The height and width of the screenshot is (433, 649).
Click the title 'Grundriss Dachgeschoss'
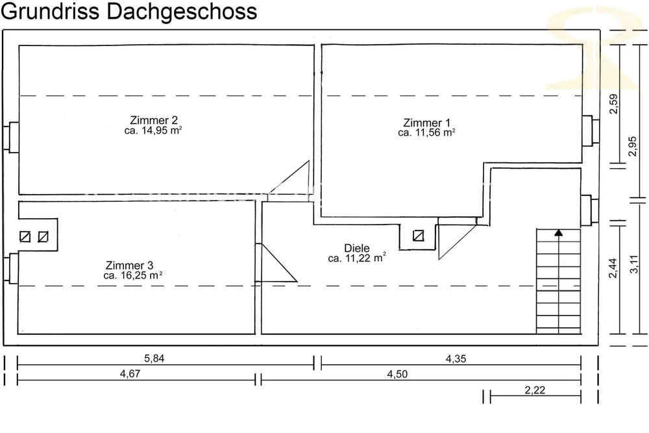pos(129,11)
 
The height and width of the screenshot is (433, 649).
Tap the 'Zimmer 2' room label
pos(154,120)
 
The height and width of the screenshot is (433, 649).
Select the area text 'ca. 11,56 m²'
pos(426,132)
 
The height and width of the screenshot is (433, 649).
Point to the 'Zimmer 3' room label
pos(129,265)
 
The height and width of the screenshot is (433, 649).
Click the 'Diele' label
pos(357,248)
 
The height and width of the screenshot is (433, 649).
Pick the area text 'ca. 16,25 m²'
pos(132,275)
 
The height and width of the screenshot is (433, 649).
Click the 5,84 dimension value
pos(154,358)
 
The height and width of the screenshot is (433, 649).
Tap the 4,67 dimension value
pos(130,374)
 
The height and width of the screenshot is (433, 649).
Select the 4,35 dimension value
pos(456,359)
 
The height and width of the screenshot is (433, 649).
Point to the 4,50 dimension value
pos(397,374)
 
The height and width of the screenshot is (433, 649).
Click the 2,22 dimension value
pos(535,390)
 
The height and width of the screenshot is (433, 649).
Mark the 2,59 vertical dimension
pos(613,103)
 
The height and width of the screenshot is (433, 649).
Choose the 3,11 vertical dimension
pos(633,264)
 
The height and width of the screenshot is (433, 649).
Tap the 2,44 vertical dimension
pos(613,268)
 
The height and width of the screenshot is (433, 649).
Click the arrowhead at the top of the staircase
pos(558,232)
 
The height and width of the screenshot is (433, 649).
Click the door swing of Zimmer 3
pos(276,263)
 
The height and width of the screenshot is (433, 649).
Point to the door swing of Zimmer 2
pos(289,181)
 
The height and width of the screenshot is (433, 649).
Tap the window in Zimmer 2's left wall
pos(12,138)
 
